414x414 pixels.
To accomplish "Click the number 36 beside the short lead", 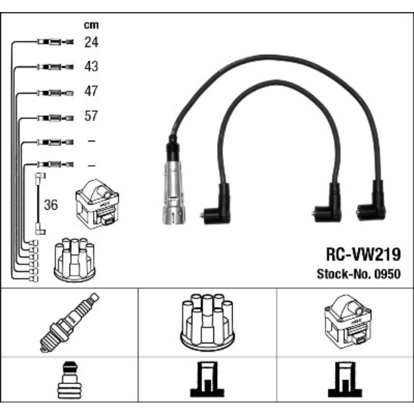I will [51, 204].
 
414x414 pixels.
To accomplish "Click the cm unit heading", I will [91, 25].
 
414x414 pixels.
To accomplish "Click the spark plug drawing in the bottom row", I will [69, 322].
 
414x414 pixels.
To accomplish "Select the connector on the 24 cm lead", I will [51, 43].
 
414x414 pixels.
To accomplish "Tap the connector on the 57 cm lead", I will [51, 117].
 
